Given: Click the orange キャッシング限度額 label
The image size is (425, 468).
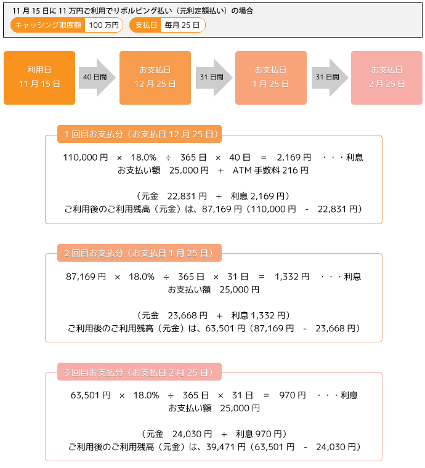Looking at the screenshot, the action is (x=48, y=25).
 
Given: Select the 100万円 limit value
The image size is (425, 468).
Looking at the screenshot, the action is (x=104, y=25).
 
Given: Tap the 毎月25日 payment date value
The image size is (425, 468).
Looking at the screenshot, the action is (x=182, y=25).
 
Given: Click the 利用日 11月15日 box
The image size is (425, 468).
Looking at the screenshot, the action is (x=39, y=78).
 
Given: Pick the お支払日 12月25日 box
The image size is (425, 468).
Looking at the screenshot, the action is (x=155, y=78).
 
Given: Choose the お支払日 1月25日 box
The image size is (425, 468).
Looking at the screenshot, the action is (x=271, y=78).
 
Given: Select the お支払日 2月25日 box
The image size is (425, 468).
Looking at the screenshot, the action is (x=387, y=78).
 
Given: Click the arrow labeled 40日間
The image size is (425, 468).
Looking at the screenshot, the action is (x=97, y=78).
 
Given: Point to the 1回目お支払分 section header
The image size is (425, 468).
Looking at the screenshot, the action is (x=139, y=134).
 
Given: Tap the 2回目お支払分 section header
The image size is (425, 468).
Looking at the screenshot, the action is (x=139, y=253).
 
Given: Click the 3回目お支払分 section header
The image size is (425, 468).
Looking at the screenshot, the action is (x=139, y=372).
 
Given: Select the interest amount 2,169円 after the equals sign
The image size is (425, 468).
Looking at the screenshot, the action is (x=294, y=157).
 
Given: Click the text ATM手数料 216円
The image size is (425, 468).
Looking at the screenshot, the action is (x=270, y=171).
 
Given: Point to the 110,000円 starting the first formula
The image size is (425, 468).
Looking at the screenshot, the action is (x=86, y=157).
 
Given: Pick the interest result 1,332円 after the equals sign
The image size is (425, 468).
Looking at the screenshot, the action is (x=292, y=276).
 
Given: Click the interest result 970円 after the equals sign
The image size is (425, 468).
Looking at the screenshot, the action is (x=293, y=395).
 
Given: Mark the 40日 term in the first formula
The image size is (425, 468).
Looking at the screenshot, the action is (x=240, y=157).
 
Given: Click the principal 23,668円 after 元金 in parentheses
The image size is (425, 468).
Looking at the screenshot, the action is (x=187, y=315).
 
